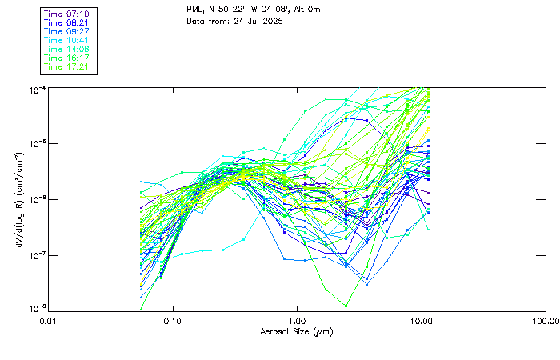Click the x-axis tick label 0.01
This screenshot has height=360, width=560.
[x=48, y=320]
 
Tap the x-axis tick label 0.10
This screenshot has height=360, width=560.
[x=172, y=320]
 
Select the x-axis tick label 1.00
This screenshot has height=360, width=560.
[x=297, y=320]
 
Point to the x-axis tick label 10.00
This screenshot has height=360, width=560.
[x=421, y=320]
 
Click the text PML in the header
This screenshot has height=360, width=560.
[x=194, y=9]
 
